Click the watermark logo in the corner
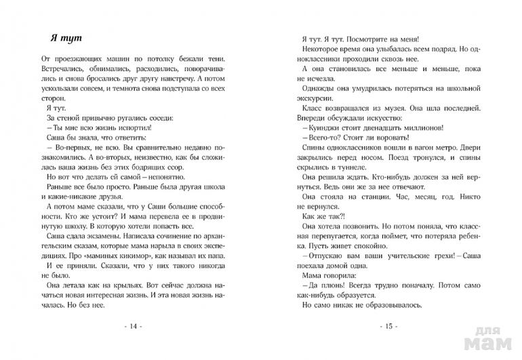tap(498, 339)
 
